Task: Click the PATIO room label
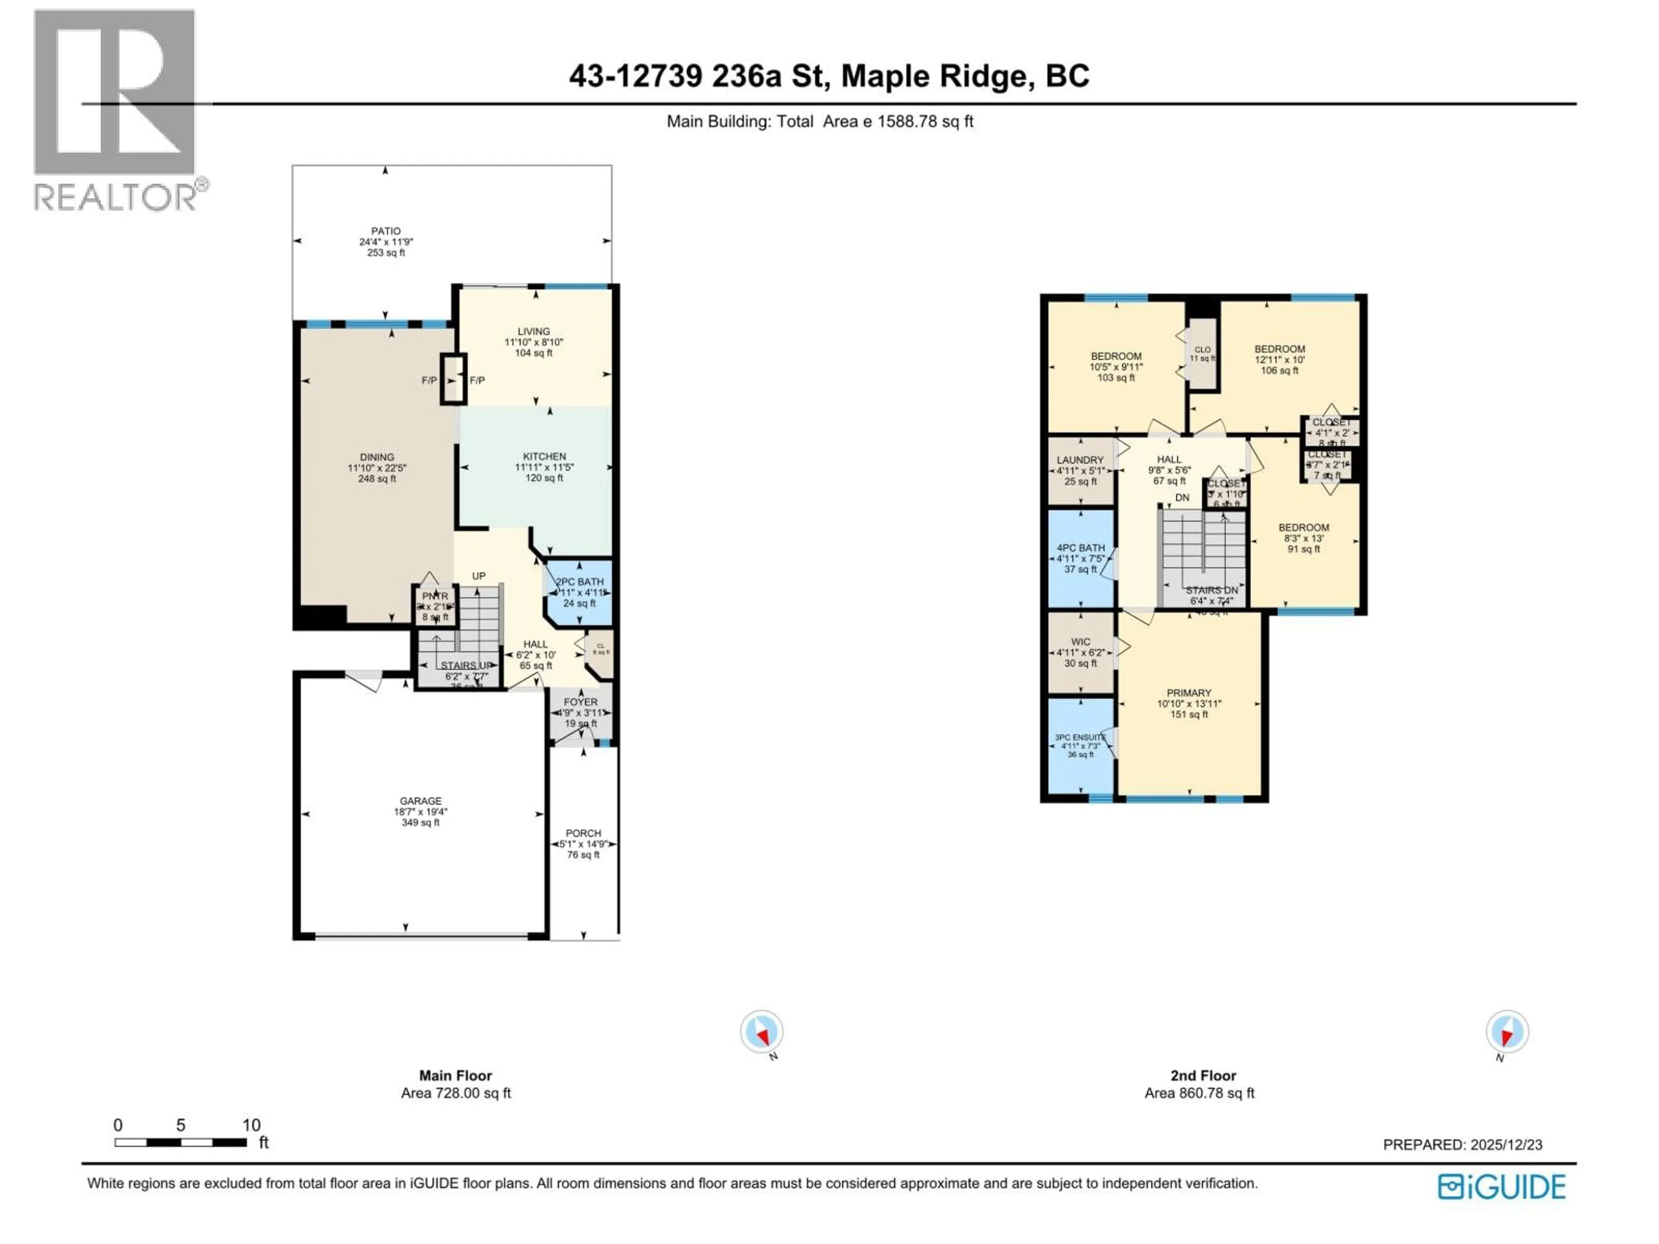(x=385, y=232)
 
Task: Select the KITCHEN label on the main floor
(x=544, y=457)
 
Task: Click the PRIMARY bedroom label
(x=1189, y=693)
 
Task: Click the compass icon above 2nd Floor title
(x=1507, y=1032)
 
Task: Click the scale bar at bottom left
(x=180, y=1143)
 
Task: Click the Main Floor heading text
(x=455, y=1075)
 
